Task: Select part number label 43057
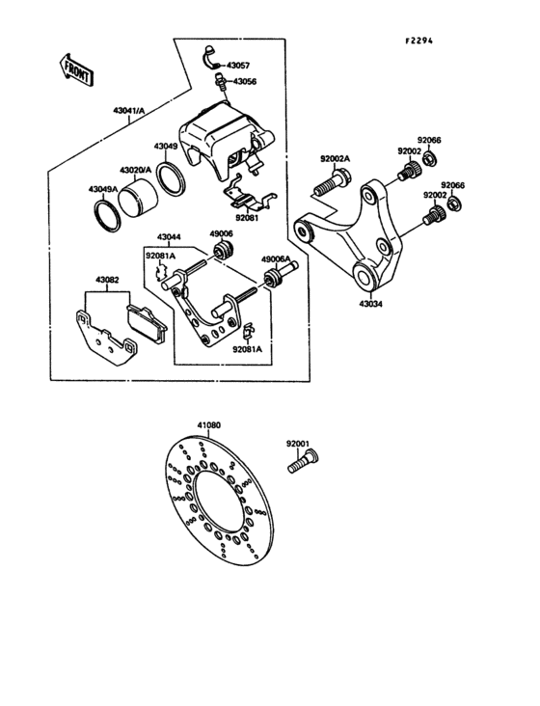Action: (241, 67)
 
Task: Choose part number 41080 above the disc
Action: (209, 425)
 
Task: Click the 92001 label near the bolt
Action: (297, 444)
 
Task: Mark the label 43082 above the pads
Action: (107, 281)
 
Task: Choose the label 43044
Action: (170, 237)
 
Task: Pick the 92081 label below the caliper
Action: (245, 218)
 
